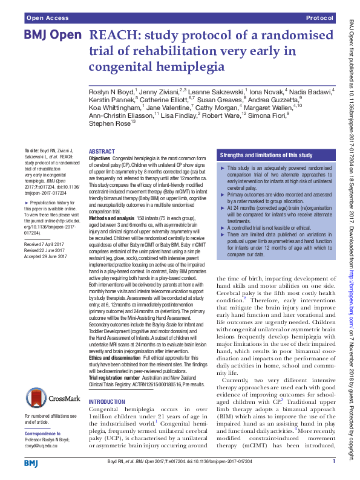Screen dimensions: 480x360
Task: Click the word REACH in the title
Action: click(x=113, y=36)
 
